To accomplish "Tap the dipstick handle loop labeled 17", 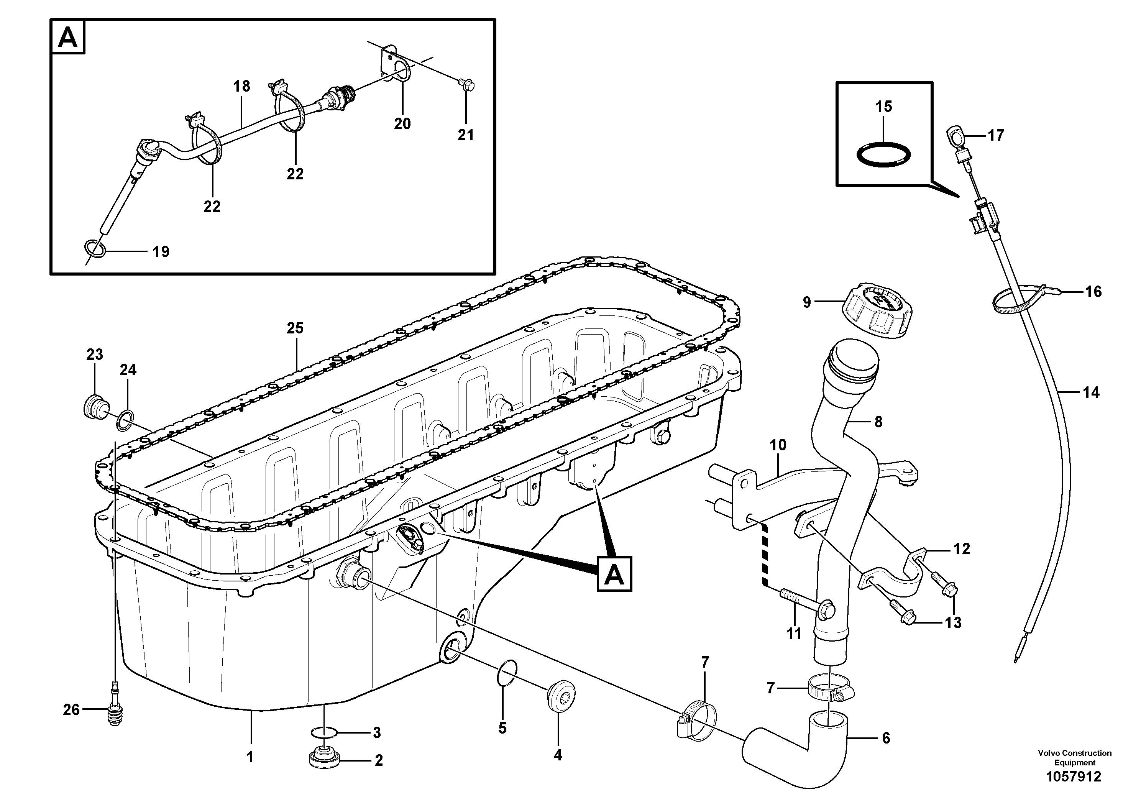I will [955, 135].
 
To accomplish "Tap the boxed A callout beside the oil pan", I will [615, 575].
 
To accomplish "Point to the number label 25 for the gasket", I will [295, 328].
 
